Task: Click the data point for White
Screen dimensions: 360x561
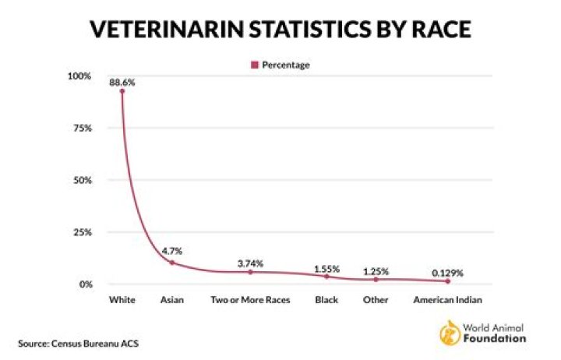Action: (122, 91)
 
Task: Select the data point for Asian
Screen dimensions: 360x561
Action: (172, 263)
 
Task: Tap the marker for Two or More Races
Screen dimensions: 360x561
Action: (251, 272)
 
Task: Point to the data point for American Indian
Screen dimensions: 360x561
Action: (448, 281)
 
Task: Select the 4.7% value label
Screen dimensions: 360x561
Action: (172, 251)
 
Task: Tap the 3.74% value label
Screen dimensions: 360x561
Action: (251, 263)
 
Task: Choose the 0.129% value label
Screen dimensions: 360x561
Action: (448, 273)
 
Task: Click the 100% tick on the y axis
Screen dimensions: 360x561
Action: (79, 76)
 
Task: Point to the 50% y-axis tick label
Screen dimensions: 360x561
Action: (83, 180)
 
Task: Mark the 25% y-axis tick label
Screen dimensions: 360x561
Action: (83, 232)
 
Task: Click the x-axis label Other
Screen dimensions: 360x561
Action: (376, 299)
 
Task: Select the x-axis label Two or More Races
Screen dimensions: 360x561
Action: (251, 299)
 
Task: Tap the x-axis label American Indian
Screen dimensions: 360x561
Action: (448, 299)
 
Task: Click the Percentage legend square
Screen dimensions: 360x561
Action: (254, 65)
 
